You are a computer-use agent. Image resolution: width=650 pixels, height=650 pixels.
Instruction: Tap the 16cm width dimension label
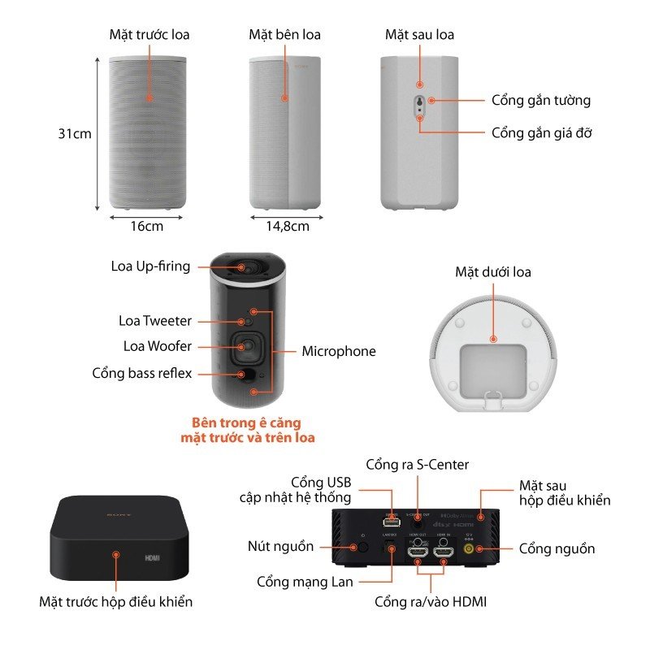click(x=146, y=226)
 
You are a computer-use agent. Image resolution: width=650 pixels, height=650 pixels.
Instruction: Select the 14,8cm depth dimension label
click(x=288, y=226)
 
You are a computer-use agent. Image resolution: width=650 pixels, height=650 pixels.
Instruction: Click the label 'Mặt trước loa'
click(x=149, y=35)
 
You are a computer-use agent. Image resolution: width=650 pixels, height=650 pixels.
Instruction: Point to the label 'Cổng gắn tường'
click(x=540, y=101)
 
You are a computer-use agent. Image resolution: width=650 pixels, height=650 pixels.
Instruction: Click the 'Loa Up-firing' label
click(x=150, y=266)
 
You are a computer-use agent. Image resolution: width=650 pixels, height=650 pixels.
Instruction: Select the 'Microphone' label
click(x=339, y=352)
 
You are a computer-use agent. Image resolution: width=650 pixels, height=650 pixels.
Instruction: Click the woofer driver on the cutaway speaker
click(x=244, y=347)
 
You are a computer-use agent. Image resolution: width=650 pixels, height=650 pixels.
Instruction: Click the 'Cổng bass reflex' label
click(x=142, y=373)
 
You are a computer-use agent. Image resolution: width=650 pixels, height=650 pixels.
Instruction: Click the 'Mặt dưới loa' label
click(x=492, y=272)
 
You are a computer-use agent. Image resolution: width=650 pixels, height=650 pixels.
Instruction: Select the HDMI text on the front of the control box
click(x=152, y=560)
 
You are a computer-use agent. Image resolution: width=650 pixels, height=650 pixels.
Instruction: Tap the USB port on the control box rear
click(x=386, y=515)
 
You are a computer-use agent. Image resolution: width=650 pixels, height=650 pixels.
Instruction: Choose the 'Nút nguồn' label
click(x=282, y=546)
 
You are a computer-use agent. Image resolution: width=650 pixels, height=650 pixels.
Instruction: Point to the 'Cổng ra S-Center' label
click(x=417, y=465)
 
